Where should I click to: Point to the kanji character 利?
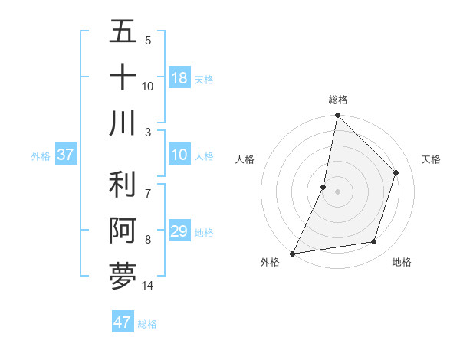click(x=123, y=185)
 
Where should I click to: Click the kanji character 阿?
click(x=123, y=231)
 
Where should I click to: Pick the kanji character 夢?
click(x=123, y=276)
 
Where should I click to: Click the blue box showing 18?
click(x=179, y=78)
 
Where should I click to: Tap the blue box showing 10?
click(x=179, y=155)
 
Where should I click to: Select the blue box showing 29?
click(x=179, y=231)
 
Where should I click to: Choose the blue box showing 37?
click(x=65, y=155)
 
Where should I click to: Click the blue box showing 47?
click(x=123, y=322)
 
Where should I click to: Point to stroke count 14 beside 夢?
click(x=148, y=286)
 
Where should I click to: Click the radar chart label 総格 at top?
click(x=338, y=100)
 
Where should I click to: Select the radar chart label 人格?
click(x=245, y=159)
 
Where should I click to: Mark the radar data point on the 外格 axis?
click(x=292, y=253)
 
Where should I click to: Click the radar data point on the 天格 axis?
click(x=396, y=172)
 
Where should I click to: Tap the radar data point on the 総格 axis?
click(x=338, y=116)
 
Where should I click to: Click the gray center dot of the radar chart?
click(x=338, y=191)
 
